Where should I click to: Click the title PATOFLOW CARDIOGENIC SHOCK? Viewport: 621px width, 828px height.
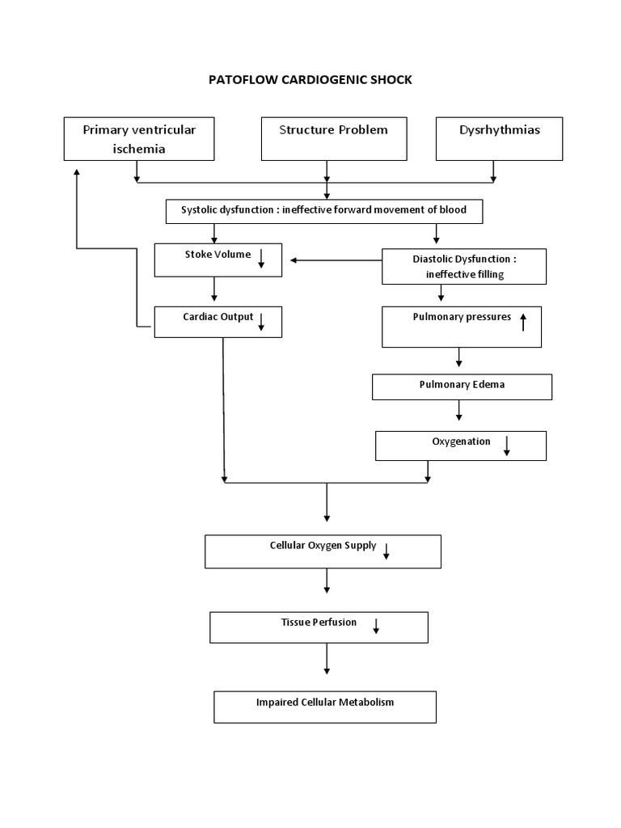pyautogui.click(x=310, y=80)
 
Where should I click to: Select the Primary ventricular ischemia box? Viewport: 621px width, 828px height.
pyautogui.click(x=139, y=138)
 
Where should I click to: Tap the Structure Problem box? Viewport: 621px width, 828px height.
pyautogui.click(x=333, y=138)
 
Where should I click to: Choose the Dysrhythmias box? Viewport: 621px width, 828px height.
pyautogui.click(x=499, y=138)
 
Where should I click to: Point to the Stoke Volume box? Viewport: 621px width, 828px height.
pyautogui.click(x=218, y=260)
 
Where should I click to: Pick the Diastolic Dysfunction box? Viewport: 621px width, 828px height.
pyautogui.click(x=464, y=266)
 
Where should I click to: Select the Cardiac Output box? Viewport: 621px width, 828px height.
pyautogui.click(x=218, y=321)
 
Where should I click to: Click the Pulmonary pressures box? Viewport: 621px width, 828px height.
pyautogui.click(x=462, y=327)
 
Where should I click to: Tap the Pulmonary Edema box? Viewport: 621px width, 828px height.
pyautogui.click(x=462, y=387)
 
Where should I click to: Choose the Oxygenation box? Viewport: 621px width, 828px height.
pyautogui.click(x=461, y=445)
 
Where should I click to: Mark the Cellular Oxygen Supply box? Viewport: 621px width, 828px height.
pyautogui.click(x=323, y=551)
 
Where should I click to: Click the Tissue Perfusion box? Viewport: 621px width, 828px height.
pyautogui.click(x=319, y=627)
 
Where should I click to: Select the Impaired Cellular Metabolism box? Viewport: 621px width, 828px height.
pyautogui.click(x=324, y=706)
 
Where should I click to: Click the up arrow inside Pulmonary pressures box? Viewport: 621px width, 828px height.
pyautogui.click(x=523, y=322)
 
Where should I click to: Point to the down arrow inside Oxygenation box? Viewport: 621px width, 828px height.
pyautogui.click(x=507, y=446)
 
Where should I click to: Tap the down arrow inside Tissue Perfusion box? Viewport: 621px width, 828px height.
pyautogui.click(x=377, y=626)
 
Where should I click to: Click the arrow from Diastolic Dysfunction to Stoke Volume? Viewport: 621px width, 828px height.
pyautogui.click(x=336, y=260)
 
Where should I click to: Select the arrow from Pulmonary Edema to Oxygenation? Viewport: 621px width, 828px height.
pyautogui.click(x=459, y=410)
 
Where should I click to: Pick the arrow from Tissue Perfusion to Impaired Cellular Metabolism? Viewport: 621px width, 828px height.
pyautogui.click(x=327, y=660)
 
